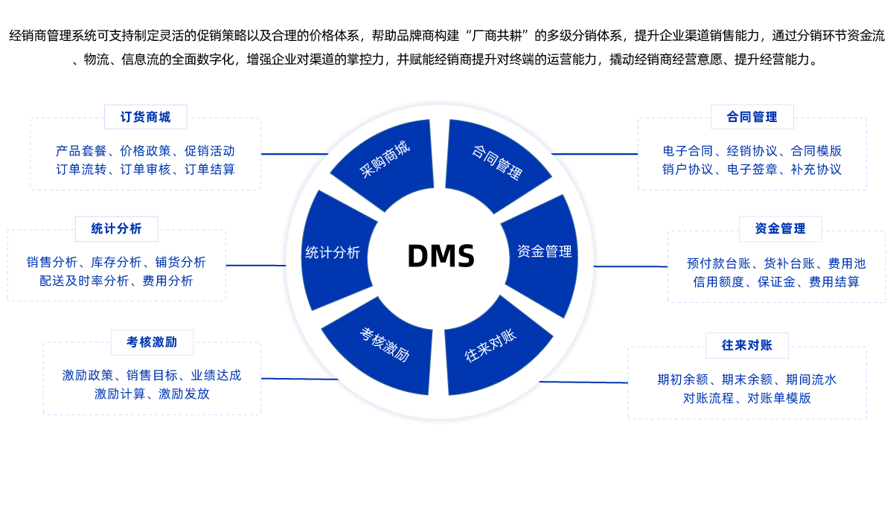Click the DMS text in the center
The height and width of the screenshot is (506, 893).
[441, 257]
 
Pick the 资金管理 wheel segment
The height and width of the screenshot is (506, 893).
[544, 252]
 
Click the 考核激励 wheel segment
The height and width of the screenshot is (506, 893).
[384, 345]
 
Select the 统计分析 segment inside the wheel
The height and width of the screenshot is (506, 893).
[333, 252]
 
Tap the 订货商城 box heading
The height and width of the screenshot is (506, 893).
[146, 117]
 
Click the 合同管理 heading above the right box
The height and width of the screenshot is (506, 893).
[752, 117]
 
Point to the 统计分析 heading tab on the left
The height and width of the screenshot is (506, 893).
[116, 228]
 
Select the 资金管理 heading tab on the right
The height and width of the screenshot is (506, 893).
[780, 228]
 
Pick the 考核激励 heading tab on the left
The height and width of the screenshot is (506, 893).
[152, 342]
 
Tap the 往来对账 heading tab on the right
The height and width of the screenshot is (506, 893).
[746, 345]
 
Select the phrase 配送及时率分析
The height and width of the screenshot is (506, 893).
[84, 281]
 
